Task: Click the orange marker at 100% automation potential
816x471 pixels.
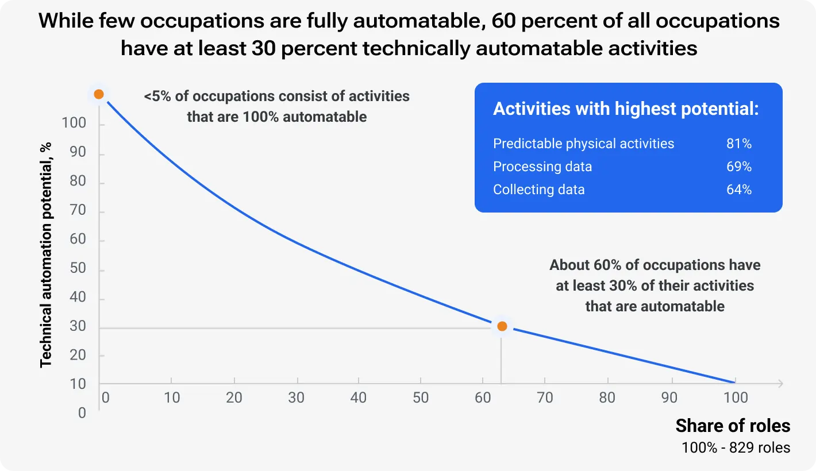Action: [x=99, y=94]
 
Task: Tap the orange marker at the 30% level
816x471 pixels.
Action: [x=502, y=326]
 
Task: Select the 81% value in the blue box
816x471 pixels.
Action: [x=738, y=144]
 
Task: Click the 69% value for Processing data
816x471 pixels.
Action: [x=738, y=167]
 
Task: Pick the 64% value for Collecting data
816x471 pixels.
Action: [x=738, y=190]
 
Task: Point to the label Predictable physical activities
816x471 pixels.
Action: [x=583, y=144]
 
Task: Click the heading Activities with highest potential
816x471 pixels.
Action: [x=626, y=109]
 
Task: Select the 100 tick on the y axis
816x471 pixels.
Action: [x=74, y=123]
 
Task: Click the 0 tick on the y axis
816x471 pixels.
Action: [x=82, y=413]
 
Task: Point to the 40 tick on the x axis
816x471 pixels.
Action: [x=358, y=397]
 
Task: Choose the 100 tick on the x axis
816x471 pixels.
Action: [x=736, y=397]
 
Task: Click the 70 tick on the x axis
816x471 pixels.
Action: [x=545, y=397]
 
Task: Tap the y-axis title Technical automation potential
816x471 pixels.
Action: [x=46, y=254]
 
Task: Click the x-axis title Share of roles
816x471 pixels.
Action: [x=733, y=426]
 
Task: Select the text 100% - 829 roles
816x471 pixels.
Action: [x=736, y=447]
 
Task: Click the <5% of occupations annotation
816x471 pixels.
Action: [x=276, y=106]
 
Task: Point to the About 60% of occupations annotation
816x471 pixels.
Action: [x=655, y=285]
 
